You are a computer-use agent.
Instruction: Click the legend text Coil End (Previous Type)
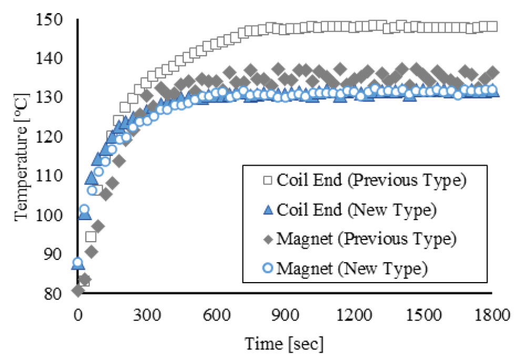pos(371,182)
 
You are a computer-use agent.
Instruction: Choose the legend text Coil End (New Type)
pos(357,210)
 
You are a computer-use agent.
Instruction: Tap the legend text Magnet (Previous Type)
pos(365,238)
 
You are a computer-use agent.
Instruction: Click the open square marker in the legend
pos(267,182)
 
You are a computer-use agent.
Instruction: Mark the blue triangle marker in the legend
pos(267,210)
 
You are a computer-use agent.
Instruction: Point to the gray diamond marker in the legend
pos(267,238)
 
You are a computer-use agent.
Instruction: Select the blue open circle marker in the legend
pos(267,267)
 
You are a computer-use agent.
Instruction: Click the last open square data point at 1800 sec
pos(492,26)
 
